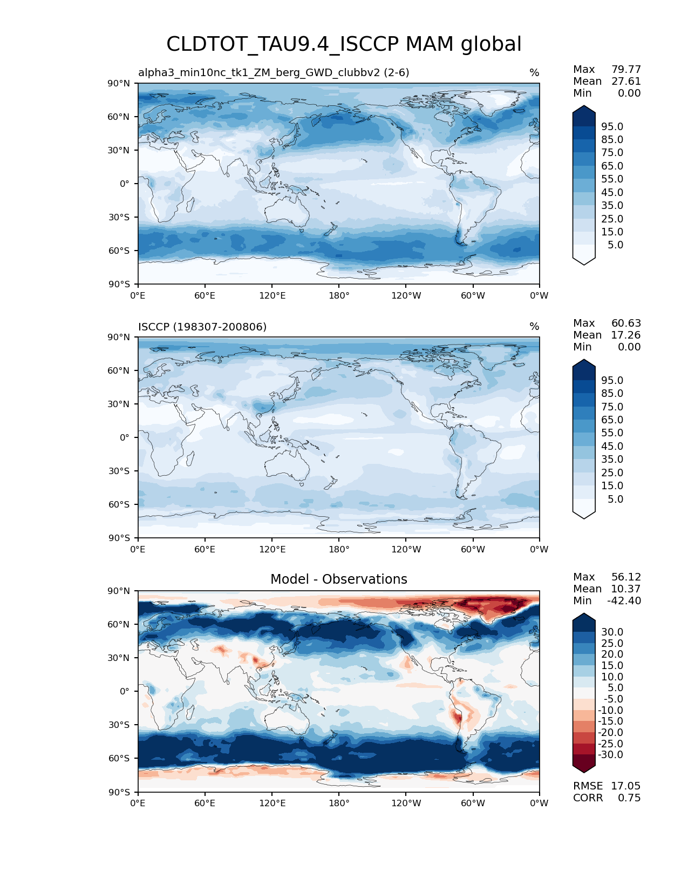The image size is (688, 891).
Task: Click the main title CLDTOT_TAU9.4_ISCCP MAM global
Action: [x=344, y=44]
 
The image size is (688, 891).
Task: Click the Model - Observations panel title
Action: [x=338, y=579]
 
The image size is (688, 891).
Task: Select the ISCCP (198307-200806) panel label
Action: [x=202, y=327]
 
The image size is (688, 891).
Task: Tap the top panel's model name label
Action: [x=274, y=72]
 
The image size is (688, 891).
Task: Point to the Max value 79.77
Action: [x=626, y=69]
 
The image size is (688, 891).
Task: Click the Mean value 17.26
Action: [x=626, y=335]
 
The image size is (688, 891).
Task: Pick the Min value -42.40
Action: [x=624, y=600]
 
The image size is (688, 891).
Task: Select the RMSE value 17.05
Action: [x=625, y=786]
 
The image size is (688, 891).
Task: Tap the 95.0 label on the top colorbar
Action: [x=612, y=126]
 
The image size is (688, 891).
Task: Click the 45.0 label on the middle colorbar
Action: [x=612, y=446]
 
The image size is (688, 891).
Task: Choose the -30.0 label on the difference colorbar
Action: [x=610, y=754]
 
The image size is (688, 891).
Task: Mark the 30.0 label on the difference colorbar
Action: [x=612, y=632]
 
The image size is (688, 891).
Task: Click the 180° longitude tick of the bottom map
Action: [x=339, y=803]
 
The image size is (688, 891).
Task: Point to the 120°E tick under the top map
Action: [x=272, y=295]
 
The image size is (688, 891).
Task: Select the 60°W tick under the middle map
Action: [x=473, y=549]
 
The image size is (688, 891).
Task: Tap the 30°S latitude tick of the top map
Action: [x=119, y=217]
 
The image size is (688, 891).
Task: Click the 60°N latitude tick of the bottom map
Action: [x=119, y=624]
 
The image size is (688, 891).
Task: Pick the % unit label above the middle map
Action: [x=534, y=327]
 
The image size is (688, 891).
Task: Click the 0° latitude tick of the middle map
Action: [x=125, y=437]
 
